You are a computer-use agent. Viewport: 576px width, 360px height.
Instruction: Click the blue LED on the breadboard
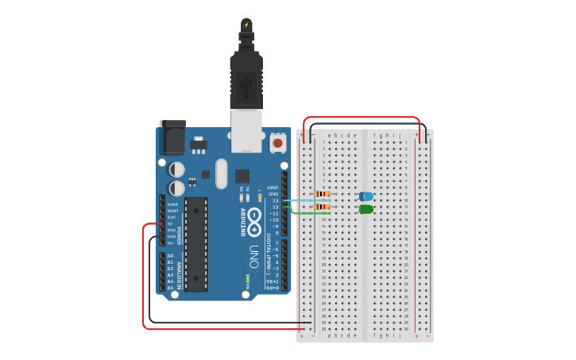366,196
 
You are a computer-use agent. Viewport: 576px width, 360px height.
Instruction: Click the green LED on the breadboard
366,209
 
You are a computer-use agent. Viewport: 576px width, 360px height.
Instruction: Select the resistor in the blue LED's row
323,194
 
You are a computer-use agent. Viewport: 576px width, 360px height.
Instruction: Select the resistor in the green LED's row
323,207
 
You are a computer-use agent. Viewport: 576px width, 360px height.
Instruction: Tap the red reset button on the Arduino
277,143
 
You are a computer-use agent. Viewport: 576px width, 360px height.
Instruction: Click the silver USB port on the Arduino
245,130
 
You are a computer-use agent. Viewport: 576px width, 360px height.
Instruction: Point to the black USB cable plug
245,79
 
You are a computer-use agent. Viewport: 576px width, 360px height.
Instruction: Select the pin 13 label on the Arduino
275,200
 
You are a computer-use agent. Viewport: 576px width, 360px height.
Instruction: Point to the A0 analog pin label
170,256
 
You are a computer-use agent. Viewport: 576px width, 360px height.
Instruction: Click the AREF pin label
273,188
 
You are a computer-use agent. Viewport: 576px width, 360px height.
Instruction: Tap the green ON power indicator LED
248,278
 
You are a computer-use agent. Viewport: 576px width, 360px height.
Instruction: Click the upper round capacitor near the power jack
177,169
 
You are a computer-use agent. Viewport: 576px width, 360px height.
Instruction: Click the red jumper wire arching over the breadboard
361,118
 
